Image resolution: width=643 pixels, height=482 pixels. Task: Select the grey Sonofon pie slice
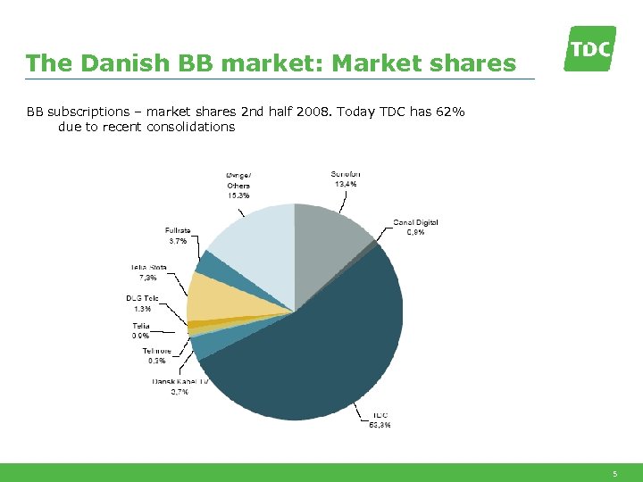coord(330,241)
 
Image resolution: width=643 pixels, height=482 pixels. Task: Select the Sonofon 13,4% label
coord(346,179)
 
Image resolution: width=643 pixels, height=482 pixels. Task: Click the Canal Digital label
coord(415,227)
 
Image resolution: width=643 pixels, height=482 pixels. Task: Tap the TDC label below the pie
coord(380,420)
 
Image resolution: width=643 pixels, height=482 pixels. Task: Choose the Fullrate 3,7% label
coord(177,236)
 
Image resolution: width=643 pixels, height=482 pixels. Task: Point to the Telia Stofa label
coord(146,271)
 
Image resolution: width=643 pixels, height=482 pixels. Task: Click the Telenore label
coord(157,355)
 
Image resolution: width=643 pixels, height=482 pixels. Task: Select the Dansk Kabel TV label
coord(180,386)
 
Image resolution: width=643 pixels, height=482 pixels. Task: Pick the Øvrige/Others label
coord(238,185)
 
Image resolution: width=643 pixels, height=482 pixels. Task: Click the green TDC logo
coord(589,48)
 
